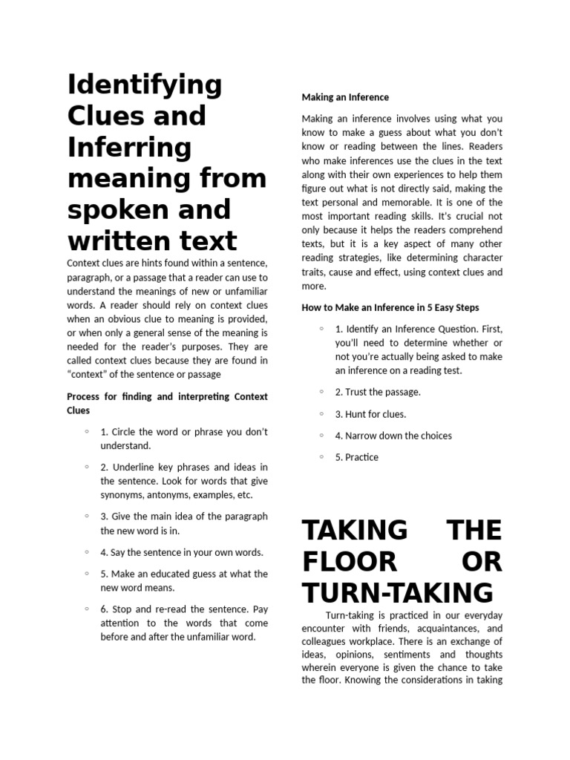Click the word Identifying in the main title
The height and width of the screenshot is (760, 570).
[145, 86]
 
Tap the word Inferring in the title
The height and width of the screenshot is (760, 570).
[129, 148]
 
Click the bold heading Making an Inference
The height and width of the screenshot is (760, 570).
[345, 97]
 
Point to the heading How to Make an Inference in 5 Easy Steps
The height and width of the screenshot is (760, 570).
[390, 307]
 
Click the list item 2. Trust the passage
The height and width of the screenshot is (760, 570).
[378, 392]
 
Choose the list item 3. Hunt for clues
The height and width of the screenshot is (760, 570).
[370, 414]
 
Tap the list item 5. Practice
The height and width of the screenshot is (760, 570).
[356, 457]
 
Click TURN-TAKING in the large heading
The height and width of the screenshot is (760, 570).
[398, 593]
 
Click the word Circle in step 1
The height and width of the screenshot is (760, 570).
[125, 432]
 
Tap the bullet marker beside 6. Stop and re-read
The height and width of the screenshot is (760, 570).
[87, 609]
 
